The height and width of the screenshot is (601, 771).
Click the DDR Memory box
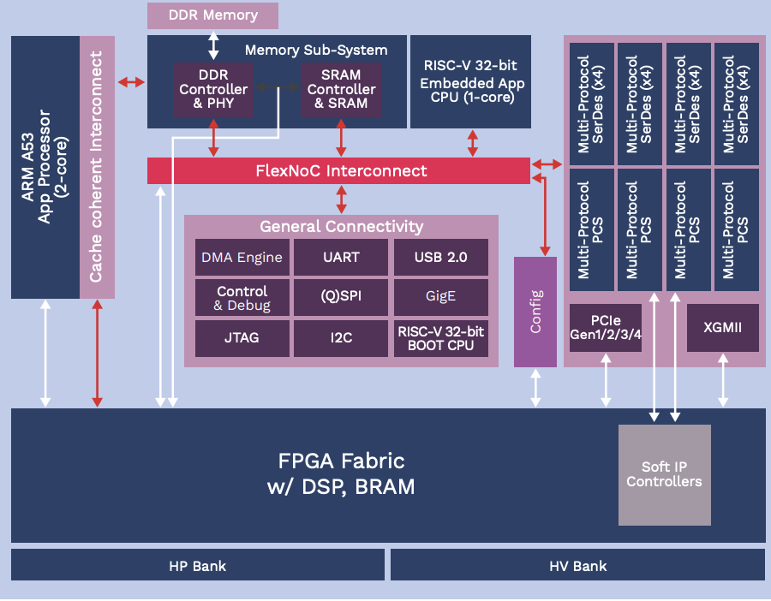pos(212,15)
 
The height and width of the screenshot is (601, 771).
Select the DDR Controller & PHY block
pos(213,90)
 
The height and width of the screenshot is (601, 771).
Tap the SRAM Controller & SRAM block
pos(341,90)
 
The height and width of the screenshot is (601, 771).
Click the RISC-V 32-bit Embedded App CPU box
pos(470,81)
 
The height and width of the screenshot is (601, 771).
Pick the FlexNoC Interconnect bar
pos(339,170)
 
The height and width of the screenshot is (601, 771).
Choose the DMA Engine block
pos(242,257)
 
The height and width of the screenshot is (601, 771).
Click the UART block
pos(341,257)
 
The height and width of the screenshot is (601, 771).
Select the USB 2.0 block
pos(440,257)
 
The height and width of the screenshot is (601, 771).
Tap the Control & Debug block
pos(242,298)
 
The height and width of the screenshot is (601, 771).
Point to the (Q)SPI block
pos(341,298)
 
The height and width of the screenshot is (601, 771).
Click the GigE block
pos(440,298)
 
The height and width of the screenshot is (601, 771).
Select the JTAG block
pos(242,338)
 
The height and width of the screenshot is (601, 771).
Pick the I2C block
pos(341,338)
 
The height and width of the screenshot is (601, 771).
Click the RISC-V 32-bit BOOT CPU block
pos(440,338)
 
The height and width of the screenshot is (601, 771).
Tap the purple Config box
pos(535,312)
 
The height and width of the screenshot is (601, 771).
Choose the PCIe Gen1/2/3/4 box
pos(607,327)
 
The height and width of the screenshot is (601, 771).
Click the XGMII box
pos(723,327)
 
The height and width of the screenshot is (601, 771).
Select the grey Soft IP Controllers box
pos(664,474)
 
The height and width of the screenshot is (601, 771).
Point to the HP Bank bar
pos(198,566)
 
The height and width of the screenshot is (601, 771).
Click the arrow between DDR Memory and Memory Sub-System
pos(213,44)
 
